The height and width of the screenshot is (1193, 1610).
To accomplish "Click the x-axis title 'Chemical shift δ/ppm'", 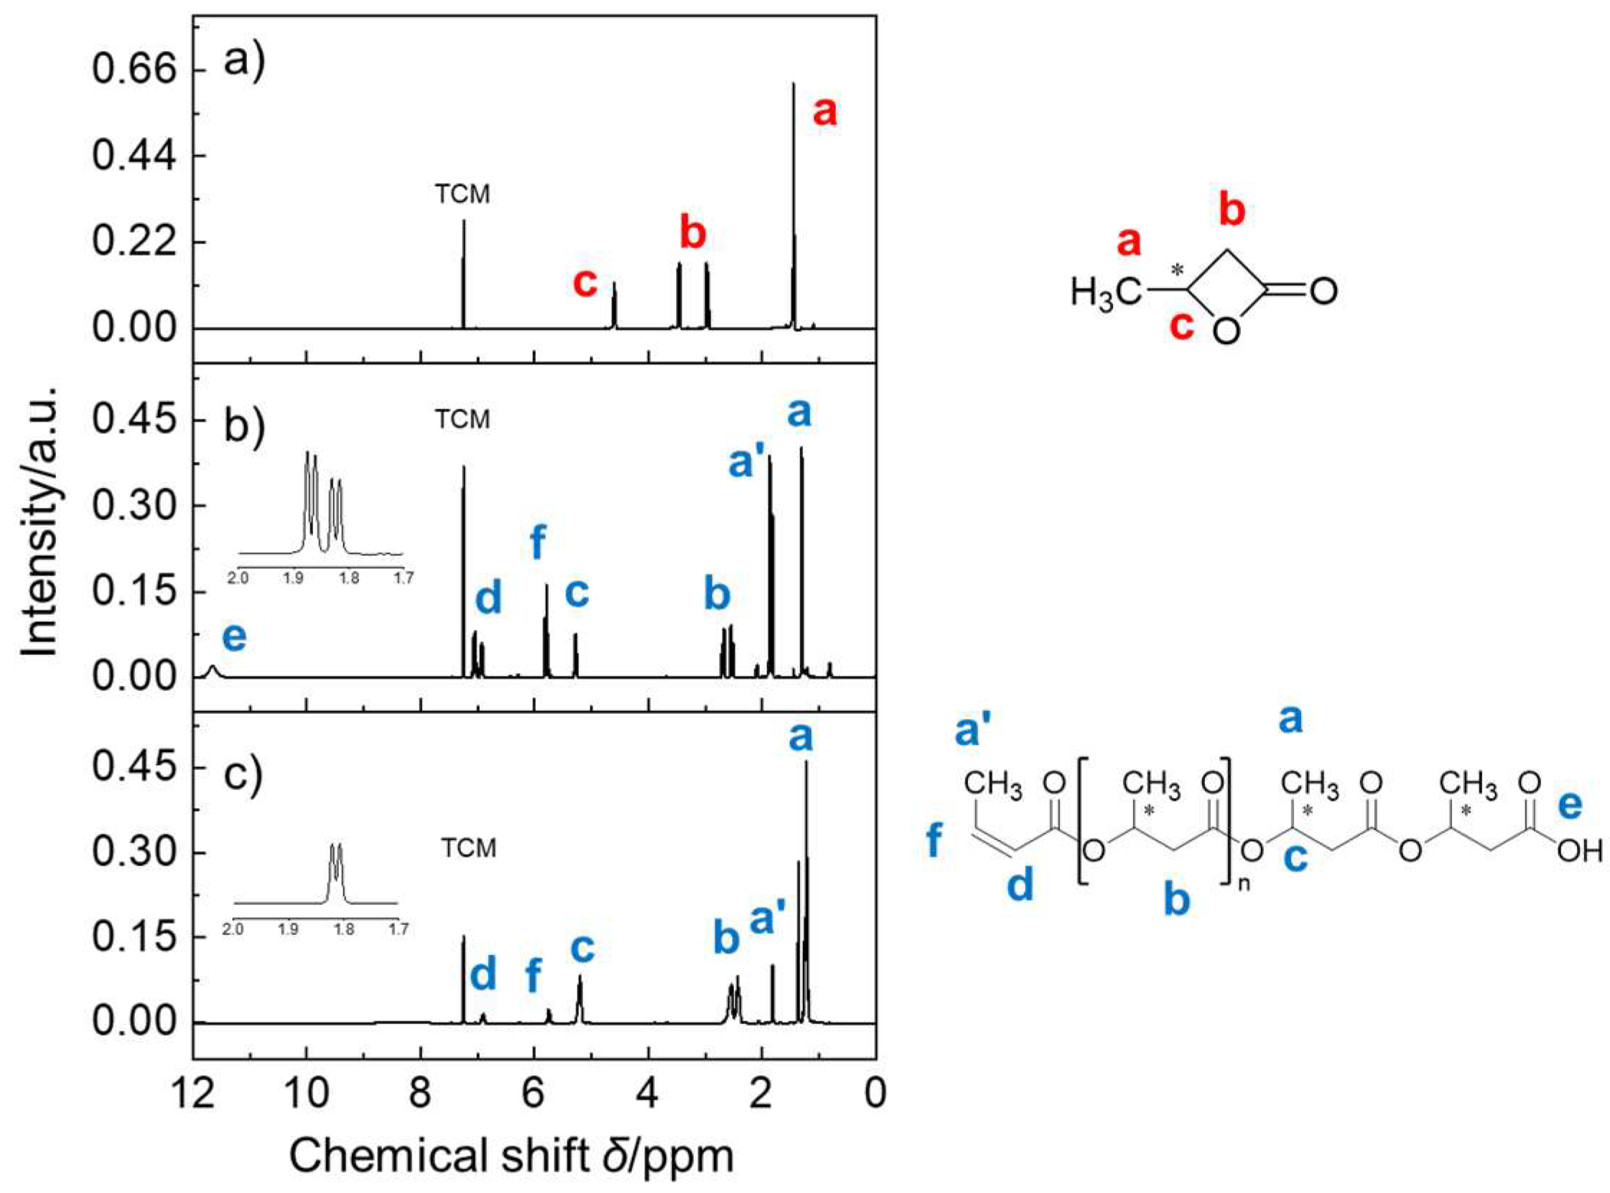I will (x=511, y=1156).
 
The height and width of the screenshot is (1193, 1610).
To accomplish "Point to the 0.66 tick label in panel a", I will (x=134, y=70).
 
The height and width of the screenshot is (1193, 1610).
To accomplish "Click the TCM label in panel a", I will (x=462, y=194).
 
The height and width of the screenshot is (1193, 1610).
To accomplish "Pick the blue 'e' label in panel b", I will (x=234, y=637).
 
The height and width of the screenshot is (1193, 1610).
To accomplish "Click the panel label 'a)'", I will (x=245, y=60).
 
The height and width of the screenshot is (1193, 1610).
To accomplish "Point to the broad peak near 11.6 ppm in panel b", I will (x=213, y=671).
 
